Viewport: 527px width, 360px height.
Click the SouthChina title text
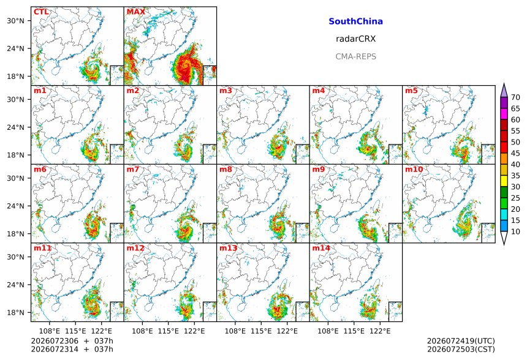pos(355,21)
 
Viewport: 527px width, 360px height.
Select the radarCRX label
pos(355,39)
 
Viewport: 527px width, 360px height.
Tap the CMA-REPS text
pos(355,56)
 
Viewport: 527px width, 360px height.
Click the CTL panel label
pos(41,12)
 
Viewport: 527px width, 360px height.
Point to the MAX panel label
pos(136,12)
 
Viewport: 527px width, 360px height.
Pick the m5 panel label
pos(411,91)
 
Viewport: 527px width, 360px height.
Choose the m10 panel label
pos(414,169)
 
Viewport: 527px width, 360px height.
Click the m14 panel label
pos(321,248)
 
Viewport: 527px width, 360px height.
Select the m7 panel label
pos(133,169)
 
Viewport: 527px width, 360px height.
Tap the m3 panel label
pos(226,91)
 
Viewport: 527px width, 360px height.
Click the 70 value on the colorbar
pos(515,97)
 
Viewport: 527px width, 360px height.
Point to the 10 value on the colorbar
pos(515,231)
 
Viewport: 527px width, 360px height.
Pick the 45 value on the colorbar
pos(515,154)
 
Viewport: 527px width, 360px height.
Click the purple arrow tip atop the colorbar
pos(504,84)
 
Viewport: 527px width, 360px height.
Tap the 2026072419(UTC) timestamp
pos(461,341)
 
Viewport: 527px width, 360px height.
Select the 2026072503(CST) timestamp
pos(461,349)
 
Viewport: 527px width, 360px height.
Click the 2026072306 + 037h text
pos(72,341)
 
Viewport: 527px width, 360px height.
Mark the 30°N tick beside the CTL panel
pos(15,21)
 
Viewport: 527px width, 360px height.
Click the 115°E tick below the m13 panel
pos(261,331)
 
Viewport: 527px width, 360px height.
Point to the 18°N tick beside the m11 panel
pos(15,313)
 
